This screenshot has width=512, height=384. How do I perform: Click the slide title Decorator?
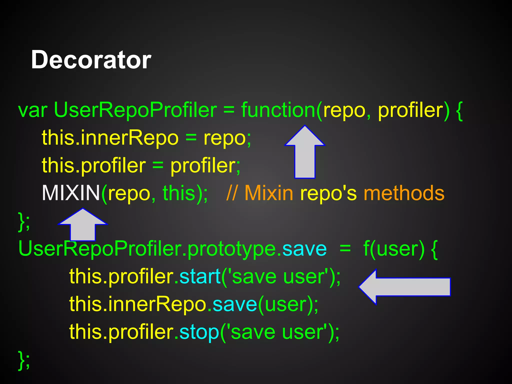coord(91,60)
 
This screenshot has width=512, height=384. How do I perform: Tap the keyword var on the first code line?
coord(33,110)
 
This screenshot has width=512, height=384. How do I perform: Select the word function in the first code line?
coord(278,110)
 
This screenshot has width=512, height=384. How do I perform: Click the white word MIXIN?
coord(71,193)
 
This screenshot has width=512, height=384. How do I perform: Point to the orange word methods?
coord(404,193)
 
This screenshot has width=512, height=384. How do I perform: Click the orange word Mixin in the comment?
coord(269,193)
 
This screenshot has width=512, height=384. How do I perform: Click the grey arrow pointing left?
coord(404,287)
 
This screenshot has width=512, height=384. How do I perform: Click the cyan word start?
coord(200,276)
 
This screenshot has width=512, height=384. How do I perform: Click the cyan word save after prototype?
coord(304,249)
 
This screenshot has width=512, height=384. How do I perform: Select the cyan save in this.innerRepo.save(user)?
coord(235,304)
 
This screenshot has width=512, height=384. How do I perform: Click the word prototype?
coord(231,249)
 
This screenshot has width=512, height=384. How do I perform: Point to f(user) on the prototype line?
coord(394,249)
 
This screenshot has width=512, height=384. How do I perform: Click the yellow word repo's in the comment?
coord(328,193)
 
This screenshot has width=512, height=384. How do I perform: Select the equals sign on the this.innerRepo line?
coord(191,138)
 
